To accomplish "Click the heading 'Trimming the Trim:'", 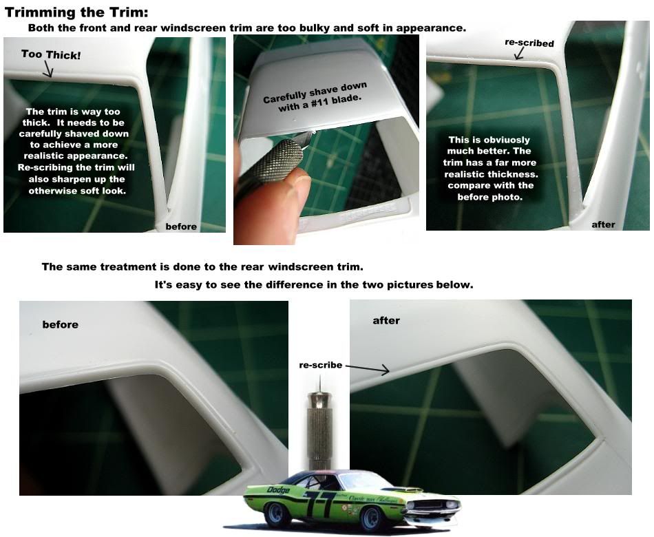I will [76, 12].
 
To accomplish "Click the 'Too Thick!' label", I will [50, 54].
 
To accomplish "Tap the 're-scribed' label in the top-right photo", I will [529, 43].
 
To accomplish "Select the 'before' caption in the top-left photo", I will [181, 226].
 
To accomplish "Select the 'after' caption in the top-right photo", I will [603, 224].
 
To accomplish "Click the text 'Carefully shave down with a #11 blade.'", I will [315, 95].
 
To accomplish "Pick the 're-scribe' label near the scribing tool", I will [321, 365].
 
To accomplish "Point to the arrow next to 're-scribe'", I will [368, 369].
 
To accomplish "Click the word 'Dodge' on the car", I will [278, 490].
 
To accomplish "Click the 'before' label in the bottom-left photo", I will [61, 324].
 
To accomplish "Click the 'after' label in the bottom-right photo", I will [386, 320].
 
